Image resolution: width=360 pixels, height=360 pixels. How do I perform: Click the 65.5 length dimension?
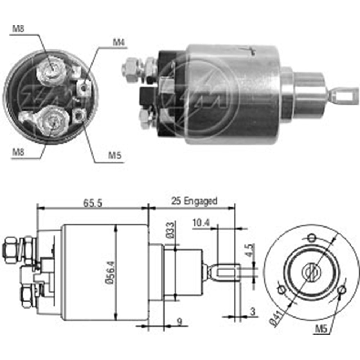93,202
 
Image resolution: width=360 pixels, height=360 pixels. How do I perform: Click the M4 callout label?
118,42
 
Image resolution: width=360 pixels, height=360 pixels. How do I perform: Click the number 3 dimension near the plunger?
252,311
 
